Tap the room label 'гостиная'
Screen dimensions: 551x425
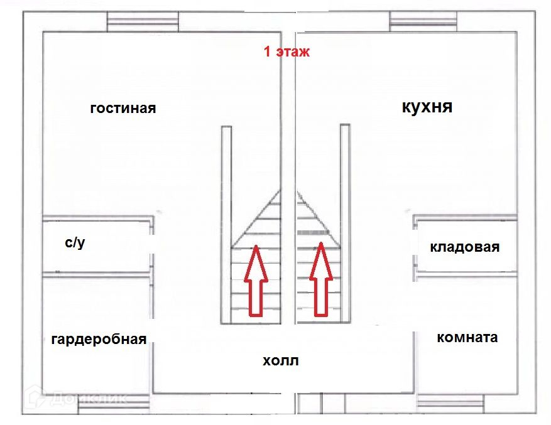123,108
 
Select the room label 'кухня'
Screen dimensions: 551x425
427,107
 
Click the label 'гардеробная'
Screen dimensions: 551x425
99,340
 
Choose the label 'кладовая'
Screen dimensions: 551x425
464,247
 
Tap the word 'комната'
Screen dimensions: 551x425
467,337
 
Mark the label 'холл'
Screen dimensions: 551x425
281,361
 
